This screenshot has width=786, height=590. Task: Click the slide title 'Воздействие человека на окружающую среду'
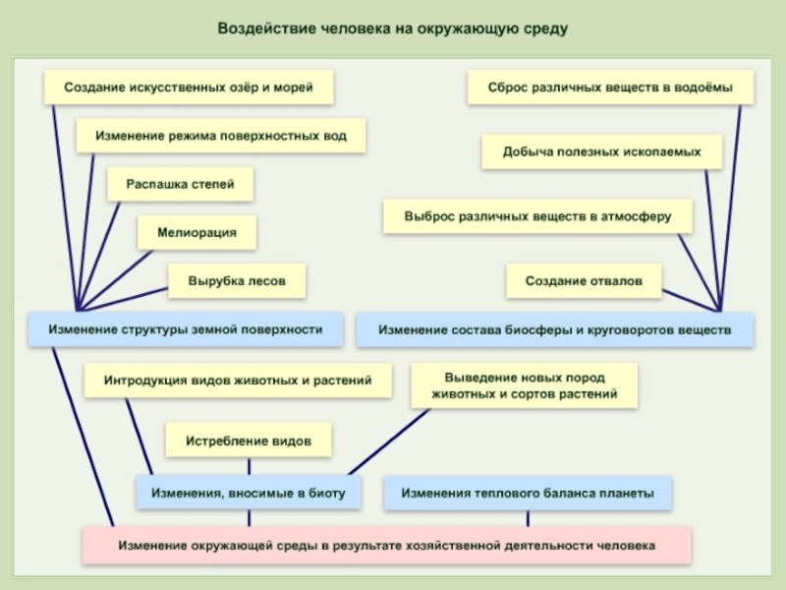[392, 29]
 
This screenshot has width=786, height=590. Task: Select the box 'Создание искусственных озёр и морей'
[189, 88]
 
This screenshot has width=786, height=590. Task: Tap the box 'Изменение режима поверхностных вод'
[221, 136]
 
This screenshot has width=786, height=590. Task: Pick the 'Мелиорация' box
[196, 232]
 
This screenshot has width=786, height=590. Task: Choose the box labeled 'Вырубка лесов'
[237, 280]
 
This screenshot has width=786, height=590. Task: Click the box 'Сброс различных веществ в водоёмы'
[610, 88]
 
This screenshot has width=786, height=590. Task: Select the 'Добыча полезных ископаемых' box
[601, 152]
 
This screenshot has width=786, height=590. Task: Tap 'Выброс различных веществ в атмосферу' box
[537, 215]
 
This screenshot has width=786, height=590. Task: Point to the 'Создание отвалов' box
[584, 280]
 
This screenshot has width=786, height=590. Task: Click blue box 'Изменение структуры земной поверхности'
[186, 329]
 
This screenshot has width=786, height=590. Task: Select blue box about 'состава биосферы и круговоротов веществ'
[555, 330]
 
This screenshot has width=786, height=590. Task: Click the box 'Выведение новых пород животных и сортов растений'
[524, 385]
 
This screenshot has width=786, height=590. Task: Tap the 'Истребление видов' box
[248, 442]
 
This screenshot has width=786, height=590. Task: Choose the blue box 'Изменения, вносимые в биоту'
[248, 493]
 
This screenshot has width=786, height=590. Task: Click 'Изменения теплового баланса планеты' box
[528, 493]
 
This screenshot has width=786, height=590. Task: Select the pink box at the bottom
[387, 544]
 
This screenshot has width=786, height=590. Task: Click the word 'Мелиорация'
[196, 232]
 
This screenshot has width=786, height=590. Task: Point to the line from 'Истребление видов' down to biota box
[248, 465]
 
